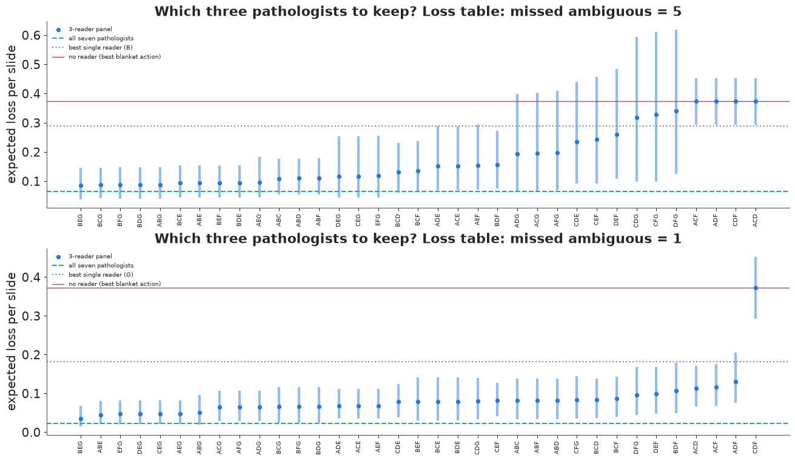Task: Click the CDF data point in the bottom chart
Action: click(756, 288)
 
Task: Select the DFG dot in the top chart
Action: click(676, 111)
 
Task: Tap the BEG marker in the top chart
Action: click(81, 185)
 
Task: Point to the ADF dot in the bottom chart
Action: click(736, 382)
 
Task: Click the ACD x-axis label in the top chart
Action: click(755, 221)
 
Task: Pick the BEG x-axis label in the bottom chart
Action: click(80, 447)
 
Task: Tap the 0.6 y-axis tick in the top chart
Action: click(30, 36)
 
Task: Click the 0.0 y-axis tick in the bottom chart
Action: click(30, 433)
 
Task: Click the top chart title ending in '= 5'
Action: click(418, 12)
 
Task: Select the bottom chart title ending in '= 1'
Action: click(418, 238)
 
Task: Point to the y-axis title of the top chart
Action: click(12, 114)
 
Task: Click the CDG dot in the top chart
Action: click(637, 118)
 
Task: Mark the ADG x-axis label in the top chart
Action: click(517, 221)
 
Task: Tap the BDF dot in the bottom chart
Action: click(676, 391)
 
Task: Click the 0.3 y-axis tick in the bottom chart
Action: click(30, 316)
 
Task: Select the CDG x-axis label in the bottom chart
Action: click(477, 447)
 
